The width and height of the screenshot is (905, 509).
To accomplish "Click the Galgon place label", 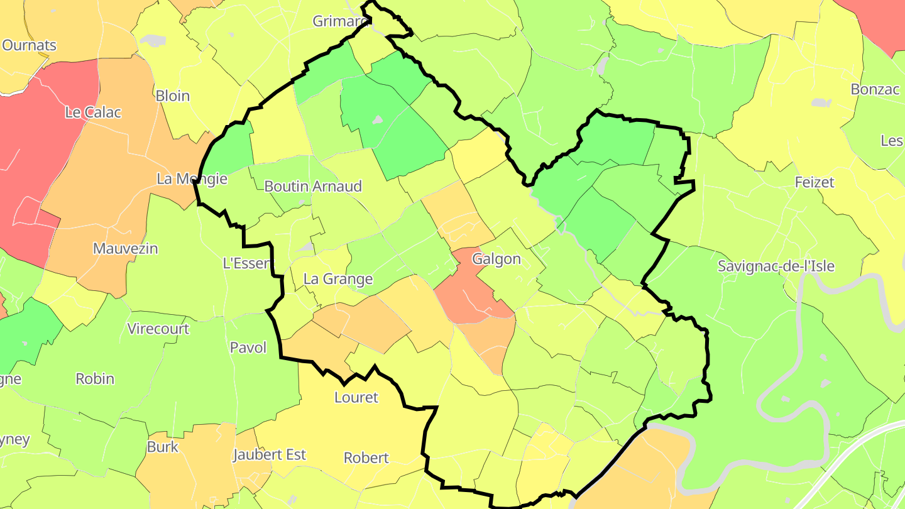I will click(496, 259).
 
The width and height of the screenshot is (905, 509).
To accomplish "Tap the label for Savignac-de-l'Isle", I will click(776, 266).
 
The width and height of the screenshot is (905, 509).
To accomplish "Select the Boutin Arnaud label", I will click(313, 186).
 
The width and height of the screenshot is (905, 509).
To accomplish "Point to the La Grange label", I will click(338, 279).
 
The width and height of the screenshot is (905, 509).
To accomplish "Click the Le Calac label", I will click(93, 112).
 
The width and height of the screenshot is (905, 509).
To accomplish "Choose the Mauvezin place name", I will click(125, 248).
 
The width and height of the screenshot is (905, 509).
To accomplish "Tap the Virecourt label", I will click(158, 329).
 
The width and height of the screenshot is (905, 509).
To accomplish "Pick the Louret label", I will click(356, 397).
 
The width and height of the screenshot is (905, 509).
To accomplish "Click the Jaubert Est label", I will click(270, 454).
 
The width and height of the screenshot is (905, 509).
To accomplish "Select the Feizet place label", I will click(814, 182).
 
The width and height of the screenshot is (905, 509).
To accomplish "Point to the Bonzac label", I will click(875, 89).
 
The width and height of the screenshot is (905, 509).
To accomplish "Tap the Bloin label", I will click(172, 96).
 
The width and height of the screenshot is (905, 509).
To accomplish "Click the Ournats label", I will click(30, 45).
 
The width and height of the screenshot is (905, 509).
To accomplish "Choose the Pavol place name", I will click(248, 348).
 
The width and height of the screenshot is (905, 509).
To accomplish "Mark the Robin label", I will click(95, 378).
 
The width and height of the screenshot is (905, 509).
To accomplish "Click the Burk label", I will click(163, 447).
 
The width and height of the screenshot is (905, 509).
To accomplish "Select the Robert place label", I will click(366, 457).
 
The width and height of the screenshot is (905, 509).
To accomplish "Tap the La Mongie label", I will click(192, 178).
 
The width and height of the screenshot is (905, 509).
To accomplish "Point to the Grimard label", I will click(340, 21).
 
